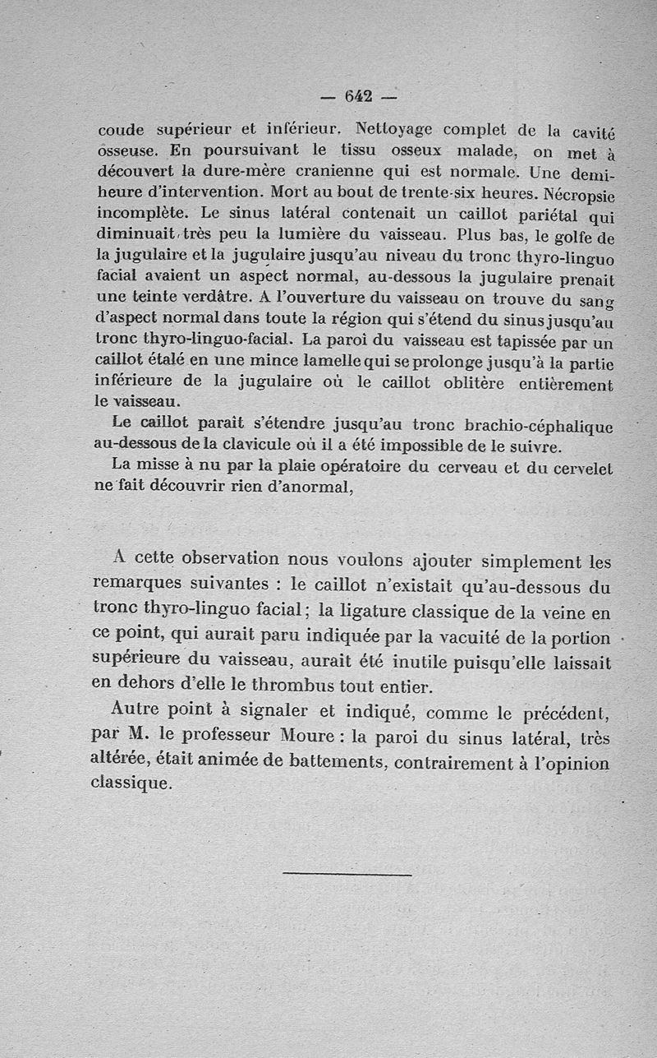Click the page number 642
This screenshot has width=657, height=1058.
click(358, 96)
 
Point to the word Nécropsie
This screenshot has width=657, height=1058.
click(575, 196)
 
